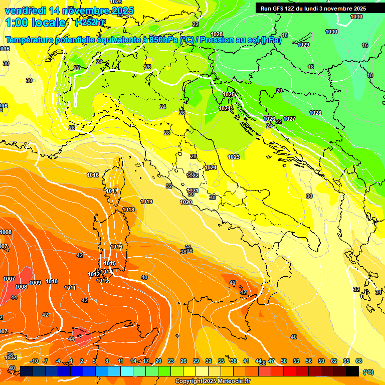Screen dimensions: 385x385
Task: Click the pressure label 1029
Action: coord(303,45)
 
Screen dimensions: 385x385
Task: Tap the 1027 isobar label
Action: coord(289,119)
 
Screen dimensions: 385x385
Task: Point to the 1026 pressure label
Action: coord(269,119)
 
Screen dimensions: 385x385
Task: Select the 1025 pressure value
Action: coord(229,94)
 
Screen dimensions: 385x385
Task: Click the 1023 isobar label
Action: coord(233,157)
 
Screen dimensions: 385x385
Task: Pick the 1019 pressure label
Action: coord(146,202)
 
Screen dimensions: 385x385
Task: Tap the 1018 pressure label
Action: coord(128,210)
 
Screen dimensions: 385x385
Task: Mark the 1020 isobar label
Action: coord(186,202)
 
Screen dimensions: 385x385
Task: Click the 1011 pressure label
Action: coord(70,288)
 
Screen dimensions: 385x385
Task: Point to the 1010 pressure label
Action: coord(52,281)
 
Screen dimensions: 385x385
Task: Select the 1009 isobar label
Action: coord(35,283)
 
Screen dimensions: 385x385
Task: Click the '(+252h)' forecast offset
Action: coord(90,23)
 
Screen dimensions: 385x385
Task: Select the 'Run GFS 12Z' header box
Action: coord(313,9)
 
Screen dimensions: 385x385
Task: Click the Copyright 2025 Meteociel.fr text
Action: coord(213,381)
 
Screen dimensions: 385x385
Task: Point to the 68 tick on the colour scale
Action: coord(359,361)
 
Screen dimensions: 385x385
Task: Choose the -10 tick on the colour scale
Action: coord(34,361)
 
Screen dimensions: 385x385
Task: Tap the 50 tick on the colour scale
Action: coord(284,361)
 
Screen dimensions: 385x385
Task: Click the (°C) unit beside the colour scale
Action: coord(368,372)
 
